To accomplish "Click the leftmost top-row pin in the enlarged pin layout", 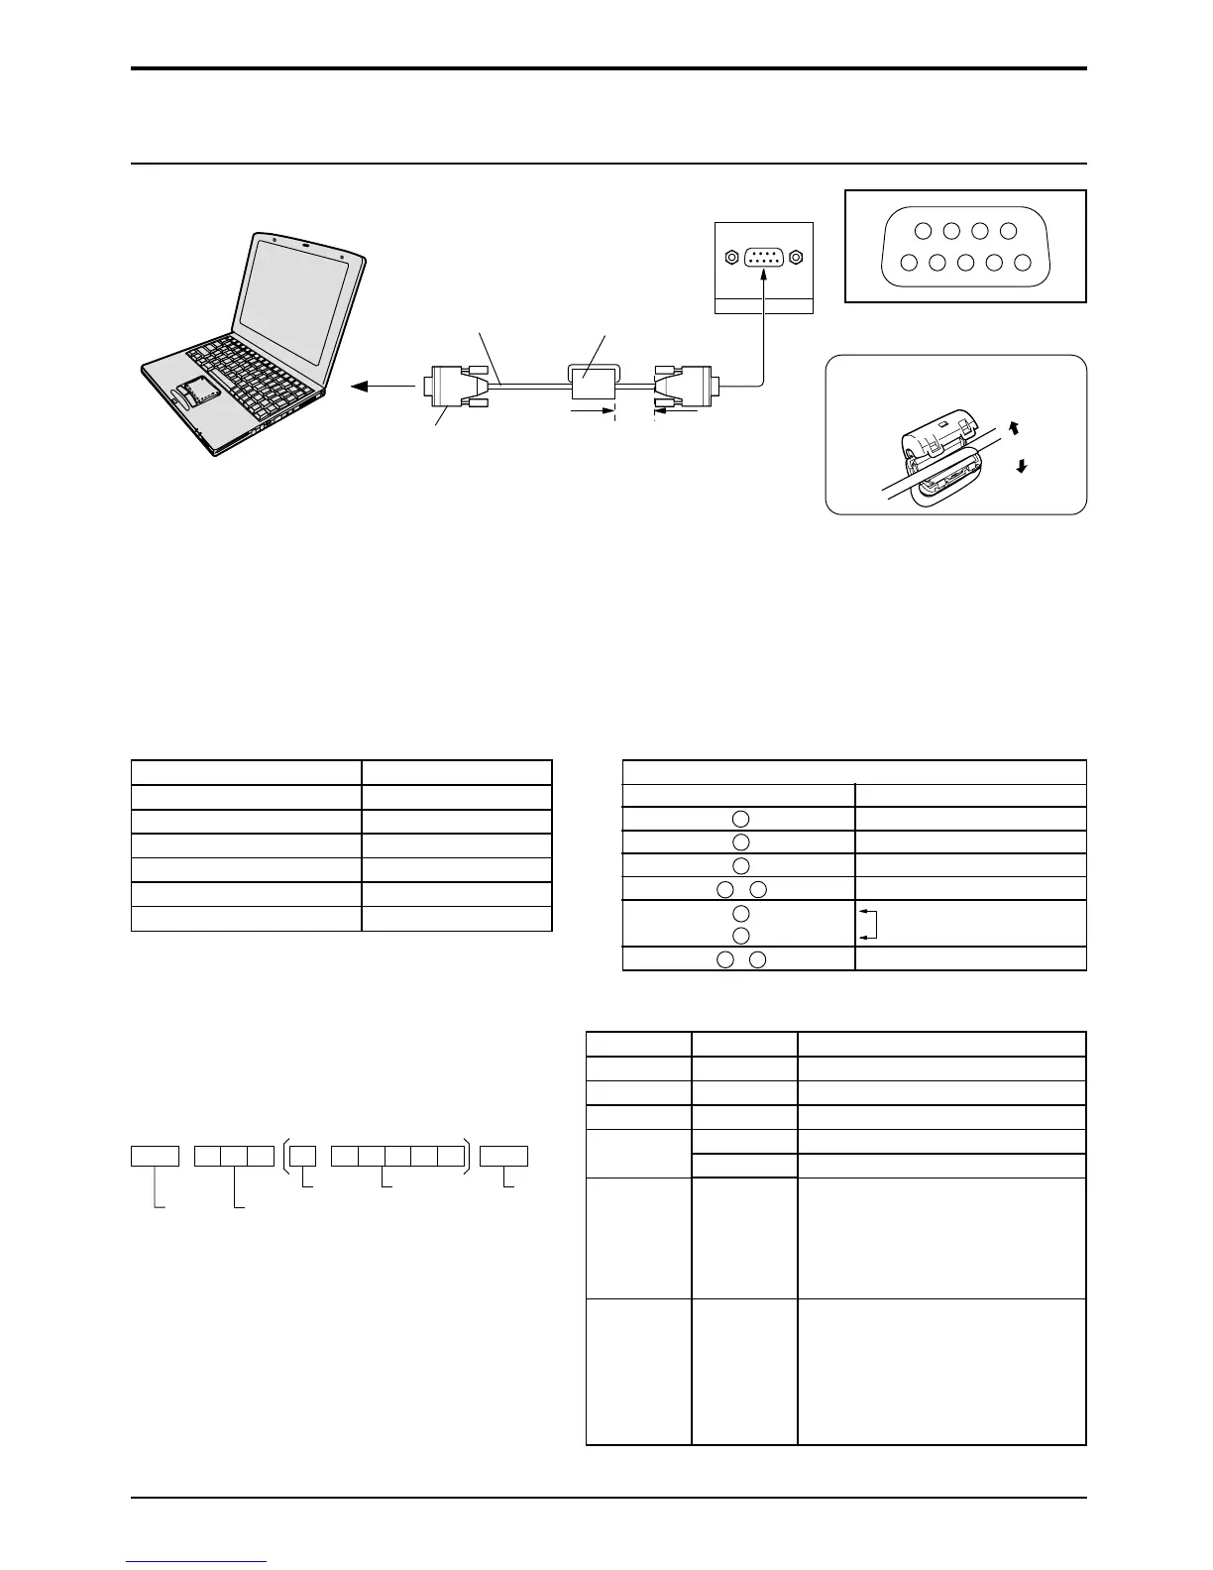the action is coord(923,231).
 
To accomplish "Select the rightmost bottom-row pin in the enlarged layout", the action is coord(1024,263).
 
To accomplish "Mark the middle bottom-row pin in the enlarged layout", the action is coord(966,263).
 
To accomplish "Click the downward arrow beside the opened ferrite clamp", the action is coord(1019,466).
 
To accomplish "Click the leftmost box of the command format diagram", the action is coord(155,1156).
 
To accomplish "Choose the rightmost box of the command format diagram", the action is coord(503,1156).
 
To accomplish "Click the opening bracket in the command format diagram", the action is coord(285,1156).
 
